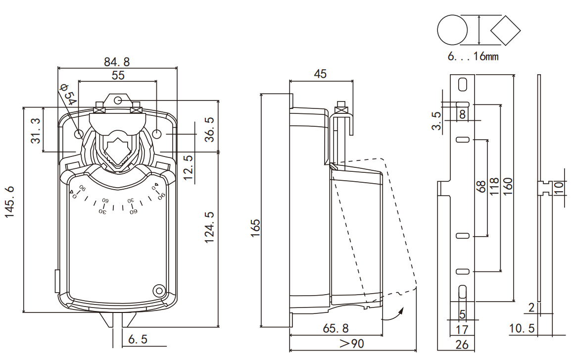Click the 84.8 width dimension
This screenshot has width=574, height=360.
[117, 61]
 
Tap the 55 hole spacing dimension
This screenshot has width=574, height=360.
[118, 75]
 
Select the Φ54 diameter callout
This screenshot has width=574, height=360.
[68, 94]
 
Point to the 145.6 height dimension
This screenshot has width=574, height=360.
[9, 202]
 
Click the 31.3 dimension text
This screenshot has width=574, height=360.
[36, 131]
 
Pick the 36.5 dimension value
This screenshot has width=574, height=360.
[209, 130]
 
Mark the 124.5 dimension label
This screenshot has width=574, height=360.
[209, 227]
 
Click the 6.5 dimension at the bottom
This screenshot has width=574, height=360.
[138, 339]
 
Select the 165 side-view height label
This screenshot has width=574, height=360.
[255, 228]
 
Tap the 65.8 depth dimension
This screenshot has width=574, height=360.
[335, 328]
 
